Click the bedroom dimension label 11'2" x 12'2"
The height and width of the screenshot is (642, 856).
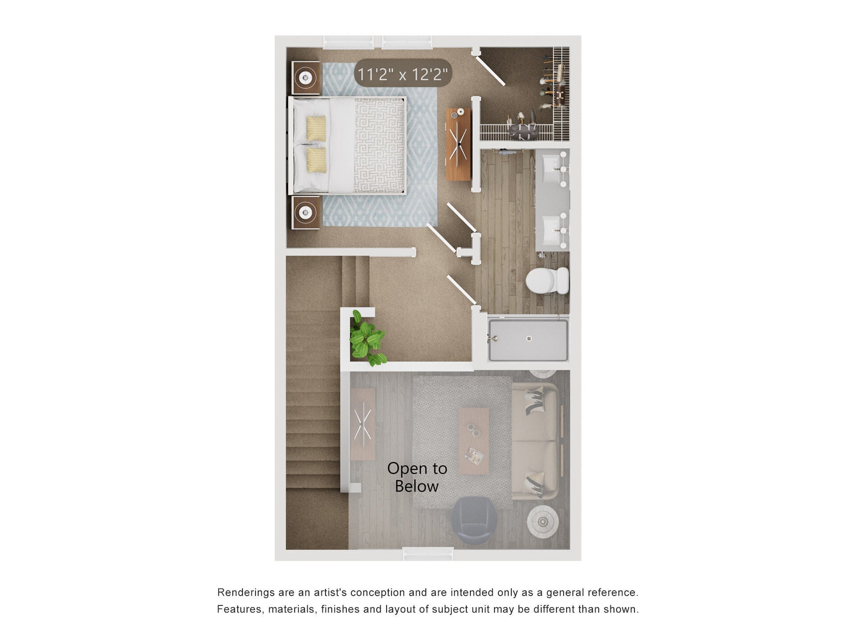403,74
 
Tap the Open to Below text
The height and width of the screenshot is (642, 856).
417,477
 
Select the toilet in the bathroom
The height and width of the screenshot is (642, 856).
547,280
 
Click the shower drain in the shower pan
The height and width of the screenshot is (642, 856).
529,338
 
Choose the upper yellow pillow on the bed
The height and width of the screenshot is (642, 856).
316,129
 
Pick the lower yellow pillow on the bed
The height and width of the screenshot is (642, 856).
316,160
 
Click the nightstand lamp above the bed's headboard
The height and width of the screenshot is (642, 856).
305,78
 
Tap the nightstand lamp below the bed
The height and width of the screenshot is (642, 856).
305,213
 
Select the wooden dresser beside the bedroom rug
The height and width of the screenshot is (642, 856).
458,144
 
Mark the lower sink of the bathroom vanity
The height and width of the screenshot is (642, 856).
552,230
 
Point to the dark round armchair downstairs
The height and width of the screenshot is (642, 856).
474,520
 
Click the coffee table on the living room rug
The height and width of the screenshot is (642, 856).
474,441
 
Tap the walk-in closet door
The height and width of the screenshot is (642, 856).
491,70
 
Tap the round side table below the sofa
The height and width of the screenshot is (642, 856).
543,521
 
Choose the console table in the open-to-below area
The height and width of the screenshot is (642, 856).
362,424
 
